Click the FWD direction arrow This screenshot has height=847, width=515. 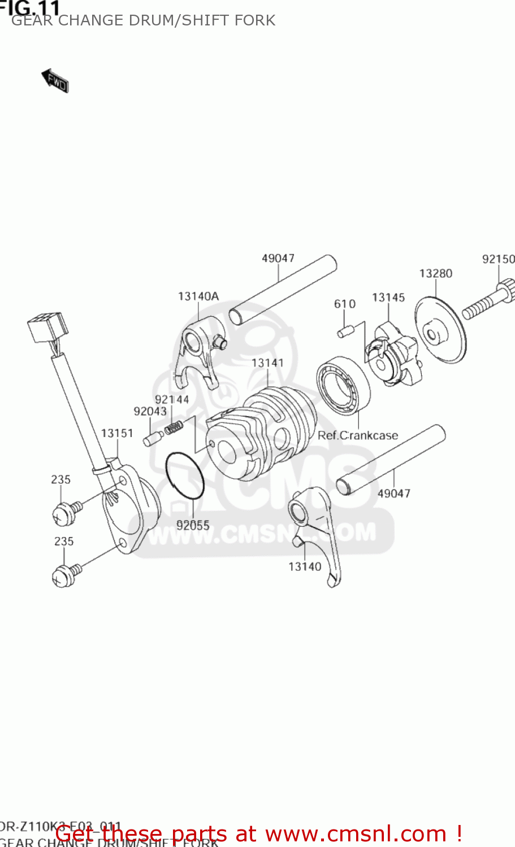click(55, 81)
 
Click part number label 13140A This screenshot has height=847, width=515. click(198, 296)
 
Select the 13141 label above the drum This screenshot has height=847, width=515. click(267, 363)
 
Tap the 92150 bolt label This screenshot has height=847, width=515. click(498, 259)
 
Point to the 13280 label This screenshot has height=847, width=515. click(435, 273)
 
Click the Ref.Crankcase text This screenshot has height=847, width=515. click(358, 435)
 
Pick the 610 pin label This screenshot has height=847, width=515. click(345, 304)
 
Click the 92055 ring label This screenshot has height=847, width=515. click(193, 525)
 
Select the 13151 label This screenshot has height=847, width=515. click(117, 433)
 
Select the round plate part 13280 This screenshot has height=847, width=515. click(441, 330)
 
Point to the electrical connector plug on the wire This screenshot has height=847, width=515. click(47, 329)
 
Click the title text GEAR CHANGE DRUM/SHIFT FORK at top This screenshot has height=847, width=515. click(143, 20)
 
